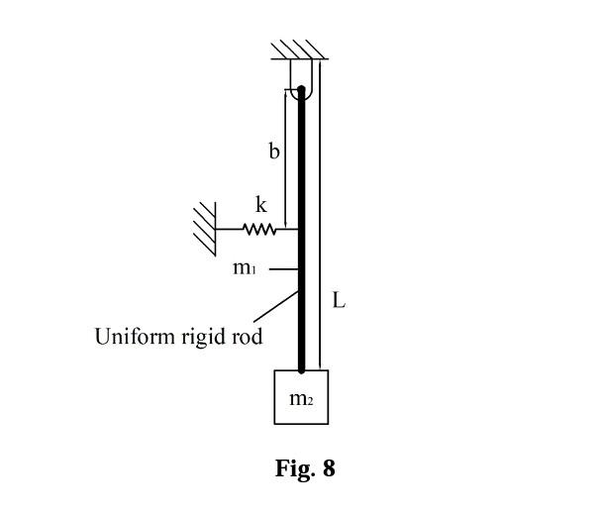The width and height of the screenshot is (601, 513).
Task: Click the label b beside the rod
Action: click(274, 152)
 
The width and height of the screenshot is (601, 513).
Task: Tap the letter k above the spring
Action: click(260, 205)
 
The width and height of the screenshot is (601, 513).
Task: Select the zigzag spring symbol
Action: click(258, 230)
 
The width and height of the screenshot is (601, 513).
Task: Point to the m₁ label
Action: click(245, 267)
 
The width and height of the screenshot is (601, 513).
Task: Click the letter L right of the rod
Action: click(339, 300)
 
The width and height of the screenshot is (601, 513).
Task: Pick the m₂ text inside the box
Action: click(301, 399)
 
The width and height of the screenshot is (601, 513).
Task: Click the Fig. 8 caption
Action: click(305, 468)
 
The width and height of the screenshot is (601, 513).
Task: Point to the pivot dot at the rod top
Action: click(301, 90)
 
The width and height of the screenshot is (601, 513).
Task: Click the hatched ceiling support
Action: click(300, 50)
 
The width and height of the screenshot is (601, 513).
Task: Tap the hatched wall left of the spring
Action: click(205, 228)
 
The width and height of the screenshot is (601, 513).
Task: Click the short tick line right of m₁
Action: click(283, 268)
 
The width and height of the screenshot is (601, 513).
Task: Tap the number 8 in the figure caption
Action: click(329, 468)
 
